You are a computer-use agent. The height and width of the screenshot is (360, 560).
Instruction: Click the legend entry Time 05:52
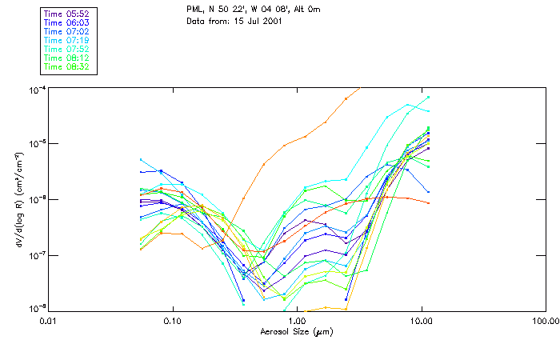[x=68, y=14]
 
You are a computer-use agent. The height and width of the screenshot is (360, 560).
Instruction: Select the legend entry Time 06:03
[x=68, y=22]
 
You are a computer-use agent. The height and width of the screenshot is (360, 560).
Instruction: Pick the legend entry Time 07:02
[x=68, y=31]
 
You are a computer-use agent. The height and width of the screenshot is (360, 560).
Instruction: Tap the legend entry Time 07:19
[x=68, y=40]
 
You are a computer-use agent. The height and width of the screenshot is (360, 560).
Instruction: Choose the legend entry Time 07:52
[x=68, y=49]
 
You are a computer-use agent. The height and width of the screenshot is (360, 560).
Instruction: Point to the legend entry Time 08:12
[x=68, y=58]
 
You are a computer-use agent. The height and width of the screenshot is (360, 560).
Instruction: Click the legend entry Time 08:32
[x=68, y=66]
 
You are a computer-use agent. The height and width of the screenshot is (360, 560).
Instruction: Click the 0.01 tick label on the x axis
[x=48, y=320]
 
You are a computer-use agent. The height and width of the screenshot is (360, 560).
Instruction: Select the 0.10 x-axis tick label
[x=172, y=320]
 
